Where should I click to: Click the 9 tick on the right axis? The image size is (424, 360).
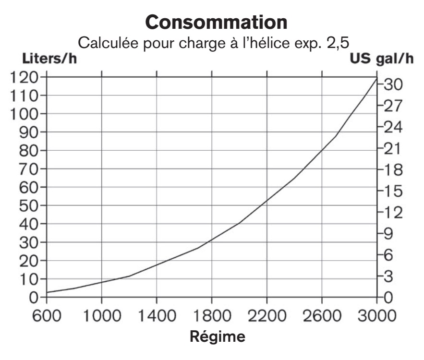[388, 234]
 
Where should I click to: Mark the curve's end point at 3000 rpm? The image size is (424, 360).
[376, 78]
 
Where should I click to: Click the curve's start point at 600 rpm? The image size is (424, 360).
[47, 292]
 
